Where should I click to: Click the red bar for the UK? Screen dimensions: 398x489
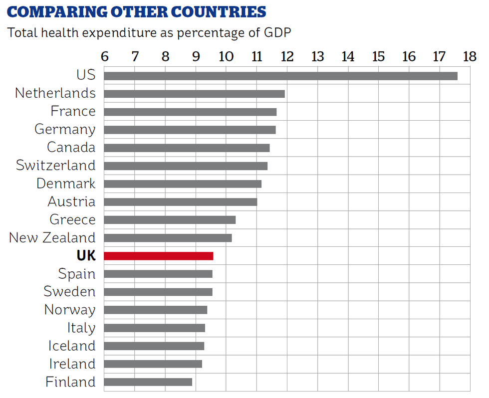(x=158, y=256)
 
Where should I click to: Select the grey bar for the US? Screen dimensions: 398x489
(x=280, y=76)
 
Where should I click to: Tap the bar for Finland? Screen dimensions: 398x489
(x=148, y=382)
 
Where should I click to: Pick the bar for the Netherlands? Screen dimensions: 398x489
(x=194, y=94)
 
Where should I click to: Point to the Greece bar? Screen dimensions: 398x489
(x=170, y=220)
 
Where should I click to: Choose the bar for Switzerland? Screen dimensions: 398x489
(x=186, y=166)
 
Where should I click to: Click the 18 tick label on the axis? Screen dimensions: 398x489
(x=469, y=56)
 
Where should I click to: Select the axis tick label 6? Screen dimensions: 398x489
(x=104, y=56)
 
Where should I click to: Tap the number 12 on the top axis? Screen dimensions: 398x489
(x=287, y=56)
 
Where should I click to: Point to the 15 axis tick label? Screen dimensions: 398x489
(x=378, y=56)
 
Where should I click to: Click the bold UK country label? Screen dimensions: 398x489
(x=86, y=256)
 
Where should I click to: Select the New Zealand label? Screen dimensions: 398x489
(x=52, y=238)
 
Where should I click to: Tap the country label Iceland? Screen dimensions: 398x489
(x=71, y=346)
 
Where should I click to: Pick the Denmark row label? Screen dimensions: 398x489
(x=65, y=184)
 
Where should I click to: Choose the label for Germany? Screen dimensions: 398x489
(x=65, y=130)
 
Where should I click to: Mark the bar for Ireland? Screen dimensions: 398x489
(x=153, y=364)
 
